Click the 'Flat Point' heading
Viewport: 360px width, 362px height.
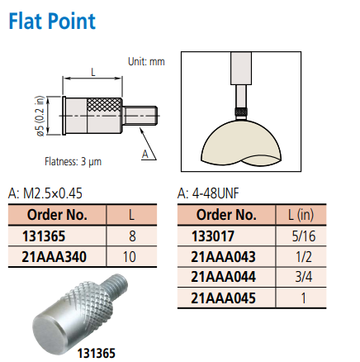pos(52,21)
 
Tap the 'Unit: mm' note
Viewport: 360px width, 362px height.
pos(146,61)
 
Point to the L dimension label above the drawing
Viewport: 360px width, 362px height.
pos(93,73)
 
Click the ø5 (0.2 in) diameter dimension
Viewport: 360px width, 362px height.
pos(40,116)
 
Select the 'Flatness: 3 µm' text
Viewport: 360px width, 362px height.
pos(73,161)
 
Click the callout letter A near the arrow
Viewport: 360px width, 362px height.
pos(145,154)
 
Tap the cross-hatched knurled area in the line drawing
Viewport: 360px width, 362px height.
pos(104,105)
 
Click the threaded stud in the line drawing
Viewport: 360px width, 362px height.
pos(140,116)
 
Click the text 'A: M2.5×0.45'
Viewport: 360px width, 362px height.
pos(45,193)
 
